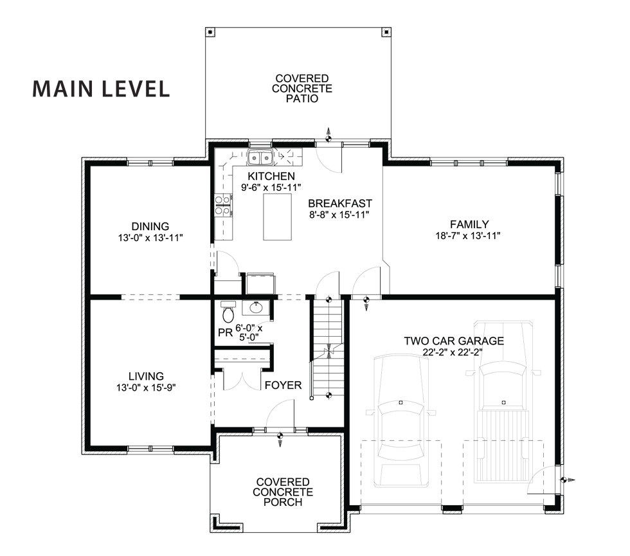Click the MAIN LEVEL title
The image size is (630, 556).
(x=101, y=89)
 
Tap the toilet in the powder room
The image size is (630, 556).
(x=228, y=312)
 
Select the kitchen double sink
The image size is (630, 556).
(x=260, y=157)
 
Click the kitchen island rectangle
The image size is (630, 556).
(x=277, y=217)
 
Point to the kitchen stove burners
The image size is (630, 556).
(x=223, y=205)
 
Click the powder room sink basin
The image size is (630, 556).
(x=256, y=308)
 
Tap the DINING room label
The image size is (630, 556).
(x=150, y=226)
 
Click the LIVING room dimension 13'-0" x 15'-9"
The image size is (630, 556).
(x=147, y=388)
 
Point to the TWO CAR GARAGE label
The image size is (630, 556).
(x=454, y=341)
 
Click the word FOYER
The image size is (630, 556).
(x=283, y=385)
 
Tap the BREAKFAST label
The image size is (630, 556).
(x=340, y=203)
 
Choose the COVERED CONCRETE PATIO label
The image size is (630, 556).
(x=302, y=89)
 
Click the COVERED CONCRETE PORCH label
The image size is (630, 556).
(x=283, y=492)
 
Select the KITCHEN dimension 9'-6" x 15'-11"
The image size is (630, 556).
(x=271, y=187)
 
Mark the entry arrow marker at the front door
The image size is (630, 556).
(x=280, y=438)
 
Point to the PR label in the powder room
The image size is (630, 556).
(x=226, y=333)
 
